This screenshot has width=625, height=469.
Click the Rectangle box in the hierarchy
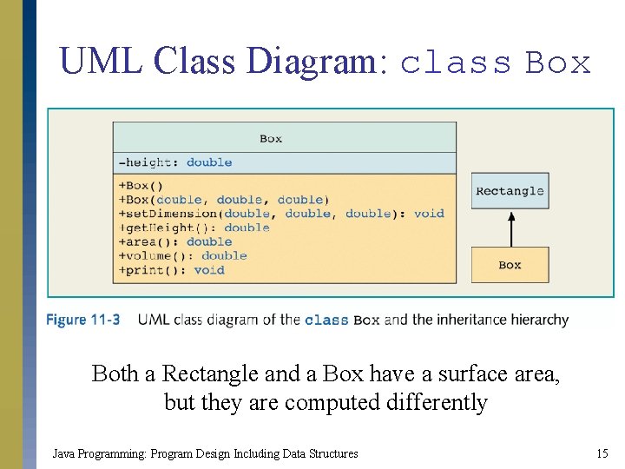[x=510, y=191]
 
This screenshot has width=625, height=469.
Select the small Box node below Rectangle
[x=510, y=265]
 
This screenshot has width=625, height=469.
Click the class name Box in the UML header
[x=271, y=138]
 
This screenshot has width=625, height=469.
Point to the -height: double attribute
[x=174, y=162]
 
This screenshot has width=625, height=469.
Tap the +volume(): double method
[x=182, y=255]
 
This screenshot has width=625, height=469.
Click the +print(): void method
[x=171, y=270]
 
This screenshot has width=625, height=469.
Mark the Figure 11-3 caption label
[x=83, y=320]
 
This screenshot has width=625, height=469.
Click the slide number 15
[x=602, y=453]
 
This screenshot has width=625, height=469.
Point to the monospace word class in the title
[x=457, y=63]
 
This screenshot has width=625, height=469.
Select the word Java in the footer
[x=62, y=453]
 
